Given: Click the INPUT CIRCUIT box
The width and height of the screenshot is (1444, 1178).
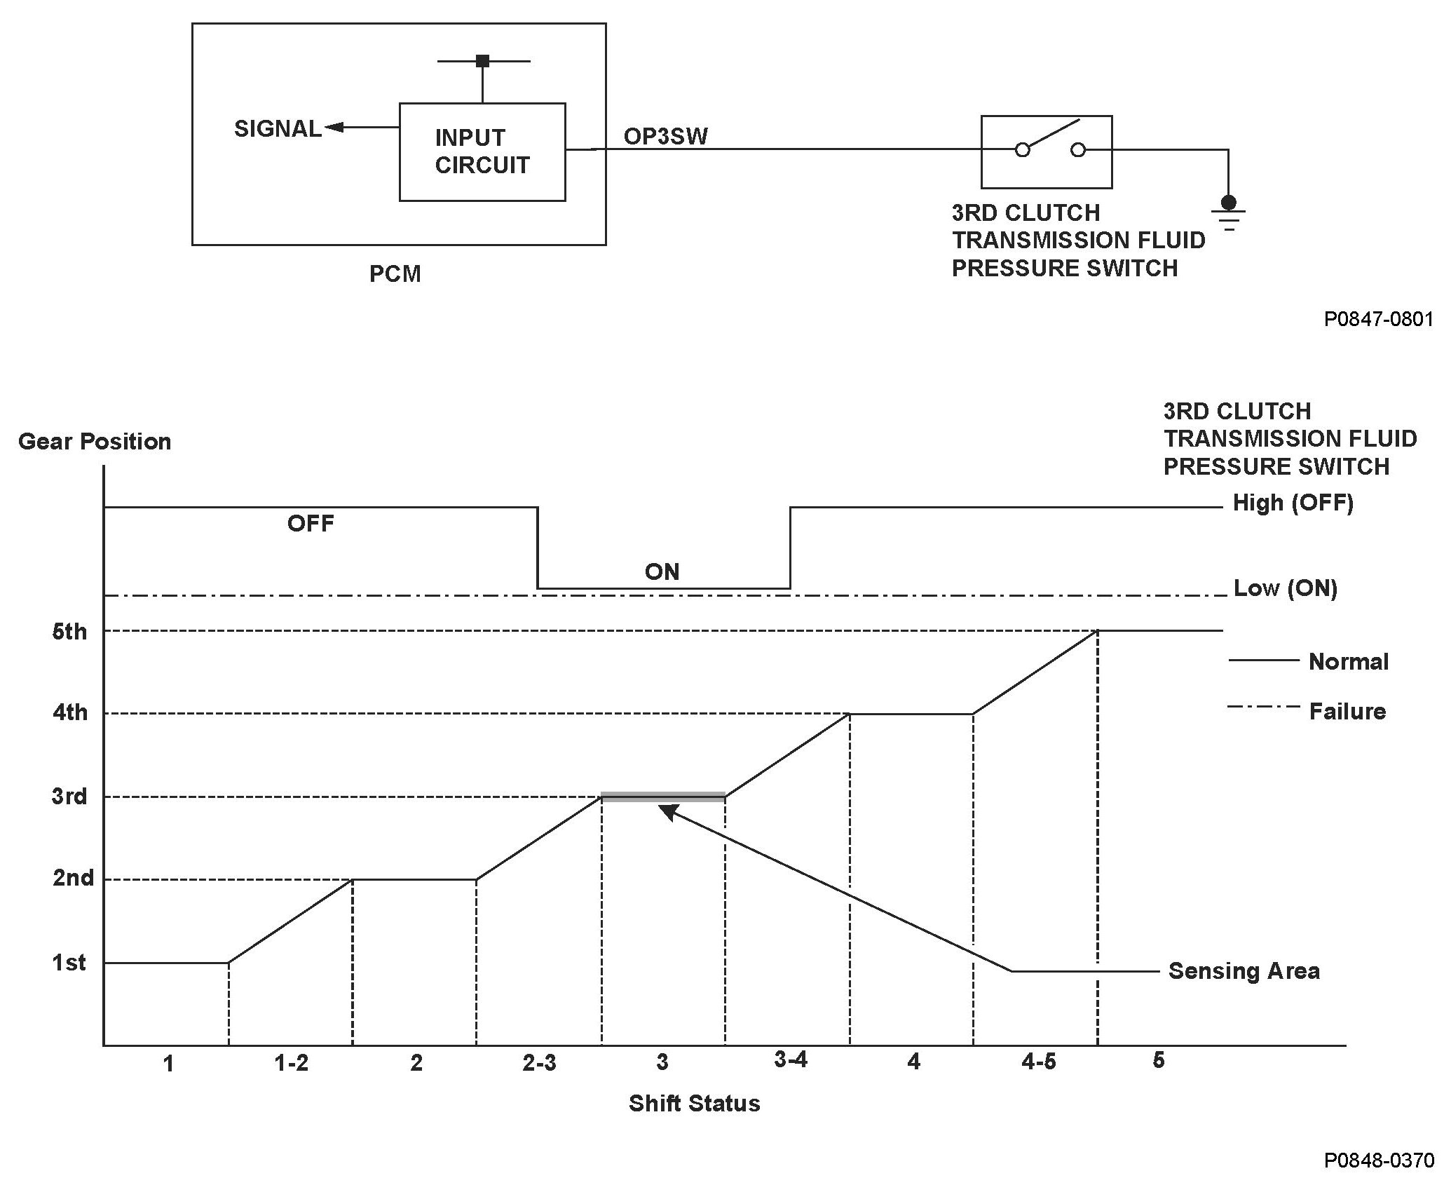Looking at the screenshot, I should [x=482, y=151].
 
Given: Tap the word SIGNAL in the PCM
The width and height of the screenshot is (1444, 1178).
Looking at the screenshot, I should [x=278, y=129].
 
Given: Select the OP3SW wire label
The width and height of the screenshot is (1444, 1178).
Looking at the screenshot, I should [x=665, y=136].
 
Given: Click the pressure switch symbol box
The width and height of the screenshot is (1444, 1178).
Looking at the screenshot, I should [x=1046, y=151].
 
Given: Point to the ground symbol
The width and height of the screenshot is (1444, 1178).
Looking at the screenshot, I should [x=1228, y=213].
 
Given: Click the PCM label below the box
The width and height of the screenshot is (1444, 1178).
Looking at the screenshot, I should [x=395, y=274].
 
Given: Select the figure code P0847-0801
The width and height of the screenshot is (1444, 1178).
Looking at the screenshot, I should [x=1378, y=320].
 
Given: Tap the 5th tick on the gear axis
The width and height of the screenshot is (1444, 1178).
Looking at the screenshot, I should [x=70, y=632].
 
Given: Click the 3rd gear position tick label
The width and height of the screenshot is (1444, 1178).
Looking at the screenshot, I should [x=69, y=797].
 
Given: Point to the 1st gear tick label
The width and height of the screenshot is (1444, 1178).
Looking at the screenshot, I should [x=69, y=963].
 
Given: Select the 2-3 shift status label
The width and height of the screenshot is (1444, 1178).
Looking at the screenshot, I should [x=539, y=1064].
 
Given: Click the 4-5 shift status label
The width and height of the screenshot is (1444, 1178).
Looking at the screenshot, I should [x=1038, y=1062].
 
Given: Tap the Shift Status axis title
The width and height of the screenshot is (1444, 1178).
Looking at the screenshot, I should [x=694, y=1104].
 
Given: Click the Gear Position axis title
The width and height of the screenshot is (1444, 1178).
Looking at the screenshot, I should [x=95, y=442].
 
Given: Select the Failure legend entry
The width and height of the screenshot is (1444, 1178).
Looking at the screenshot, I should [x=1347, y=712].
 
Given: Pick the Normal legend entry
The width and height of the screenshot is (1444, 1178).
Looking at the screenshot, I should [x=1348, y=662].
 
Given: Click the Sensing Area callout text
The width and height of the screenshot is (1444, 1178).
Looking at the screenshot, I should [x=1244, y=971].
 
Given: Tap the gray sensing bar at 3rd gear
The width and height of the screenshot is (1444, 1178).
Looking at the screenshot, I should [x=663, y=796].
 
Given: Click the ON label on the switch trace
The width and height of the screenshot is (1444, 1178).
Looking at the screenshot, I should [x=662, y=572].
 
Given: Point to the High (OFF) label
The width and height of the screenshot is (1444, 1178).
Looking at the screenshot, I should [x=1293, y=503].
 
